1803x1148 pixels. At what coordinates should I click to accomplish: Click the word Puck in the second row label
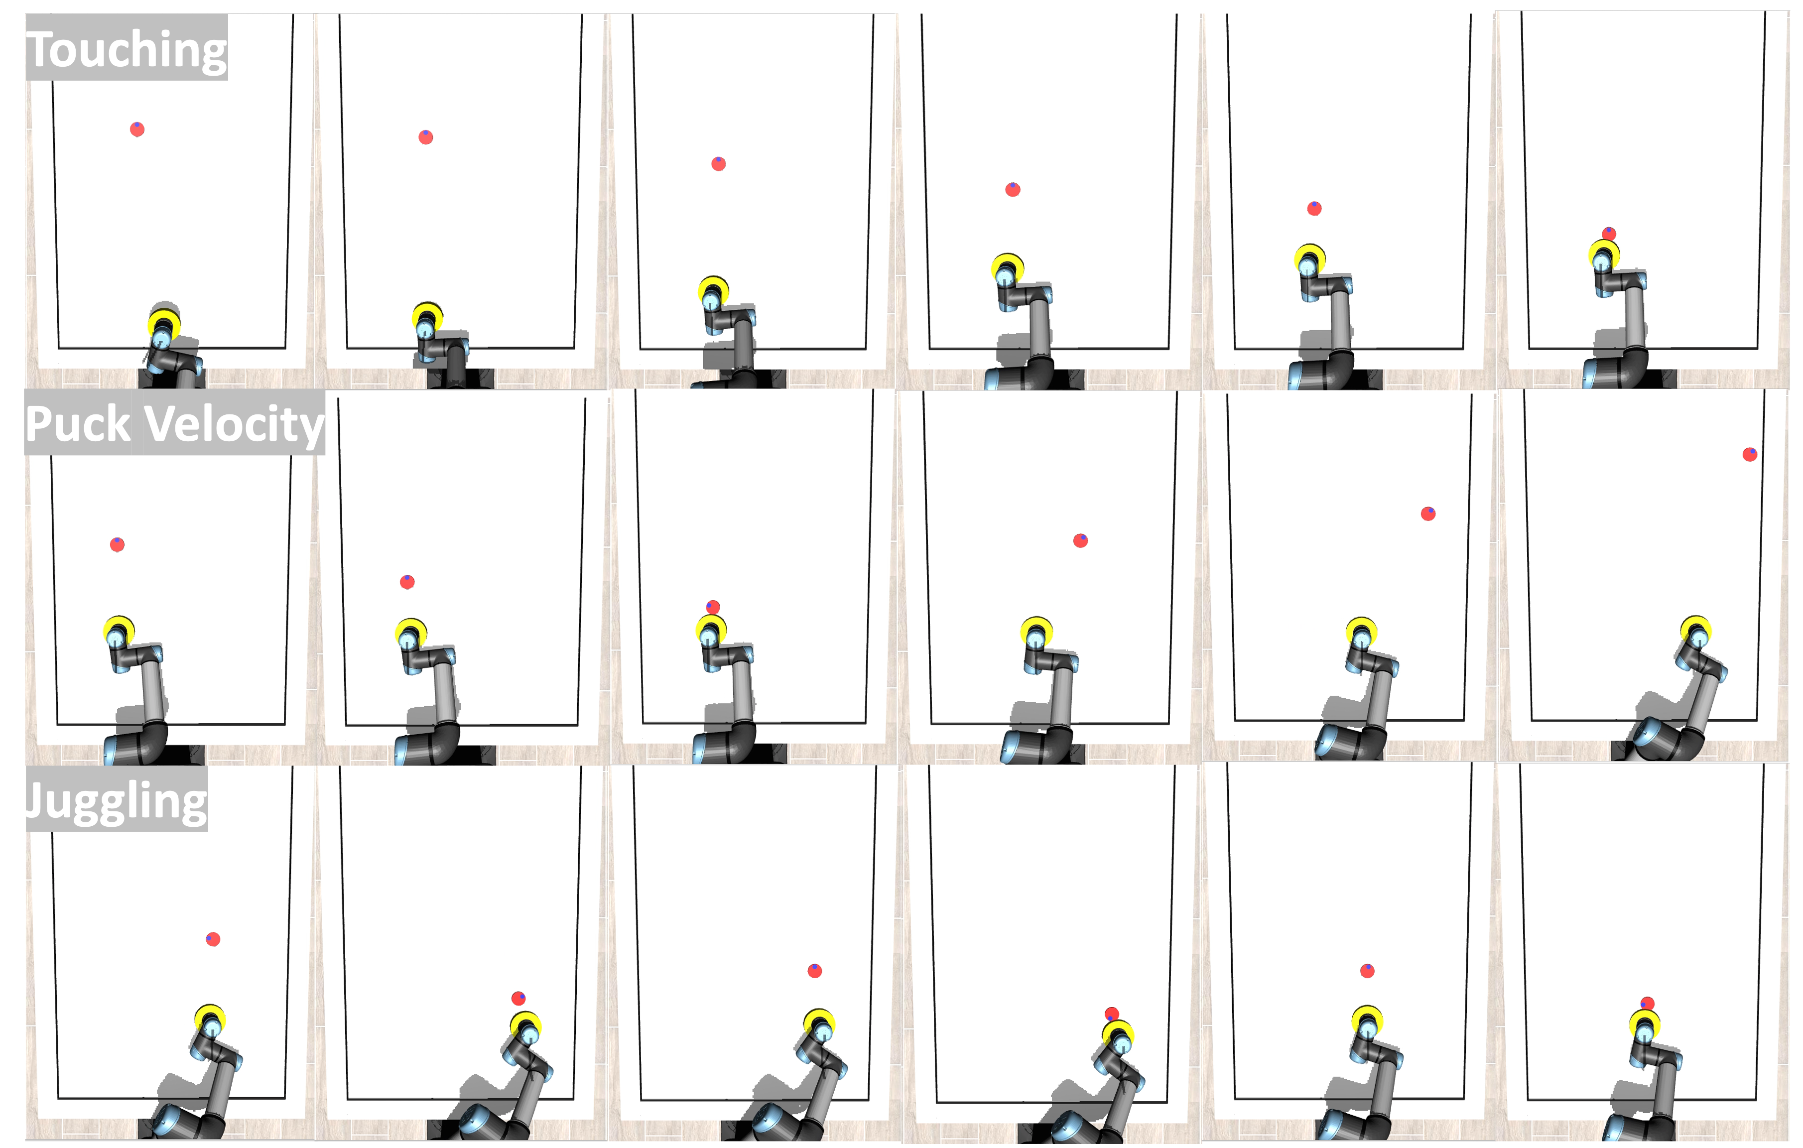tap(78, 424)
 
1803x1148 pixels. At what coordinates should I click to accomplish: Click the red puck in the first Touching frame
tap(137, 129)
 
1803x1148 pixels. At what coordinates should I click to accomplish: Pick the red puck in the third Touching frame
tap(718, 163)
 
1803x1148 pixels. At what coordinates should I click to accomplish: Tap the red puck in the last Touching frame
tap(1608, 234)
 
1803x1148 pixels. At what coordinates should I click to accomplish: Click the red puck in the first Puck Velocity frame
tap(118, 544)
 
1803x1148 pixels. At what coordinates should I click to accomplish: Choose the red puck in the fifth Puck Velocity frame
tap(1428, 513)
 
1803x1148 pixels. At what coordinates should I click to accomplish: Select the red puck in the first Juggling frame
tap(213, 939)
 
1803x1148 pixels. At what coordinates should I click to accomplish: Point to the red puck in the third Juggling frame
tap(815, 971)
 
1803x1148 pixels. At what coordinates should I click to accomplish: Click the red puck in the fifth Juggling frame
tap(1367, 971)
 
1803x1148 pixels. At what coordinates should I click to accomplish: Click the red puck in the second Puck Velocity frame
tap(407, 582)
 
